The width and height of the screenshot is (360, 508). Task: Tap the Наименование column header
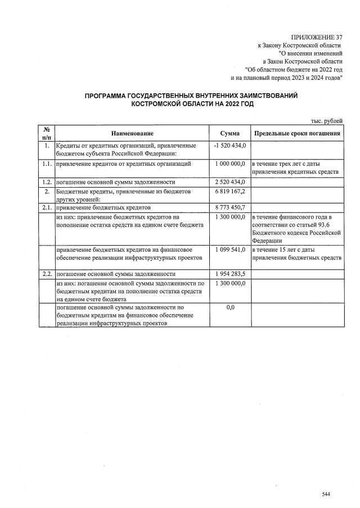pyautogui.click(x=132, y=133)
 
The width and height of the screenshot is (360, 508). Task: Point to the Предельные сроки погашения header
pyautogui.click(x=297, y=133)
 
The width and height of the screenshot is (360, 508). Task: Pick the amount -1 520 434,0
pyautogui.click(x=230, y=146)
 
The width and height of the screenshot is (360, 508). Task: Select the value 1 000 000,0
pyautogui.click(x=230, y=164)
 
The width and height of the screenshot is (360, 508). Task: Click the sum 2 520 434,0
pyautogui.click(x=230, y=182)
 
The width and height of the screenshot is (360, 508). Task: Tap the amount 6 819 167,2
pyautogui.click(x=230, y=192)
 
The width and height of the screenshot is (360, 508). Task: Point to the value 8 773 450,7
pyautogui.click(x=230, y=207)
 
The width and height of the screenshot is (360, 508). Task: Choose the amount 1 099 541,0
pyautogui.click(x=230, y=249)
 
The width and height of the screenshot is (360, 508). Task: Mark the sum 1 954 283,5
pyautogui.click(x=230, y=274)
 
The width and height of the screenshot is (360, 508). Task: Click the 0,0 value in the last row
pyautogui.click(x=230, y=308)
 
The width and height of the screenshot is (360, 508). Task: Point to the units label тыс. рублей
pyautogui.click(x=327, y=120)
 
